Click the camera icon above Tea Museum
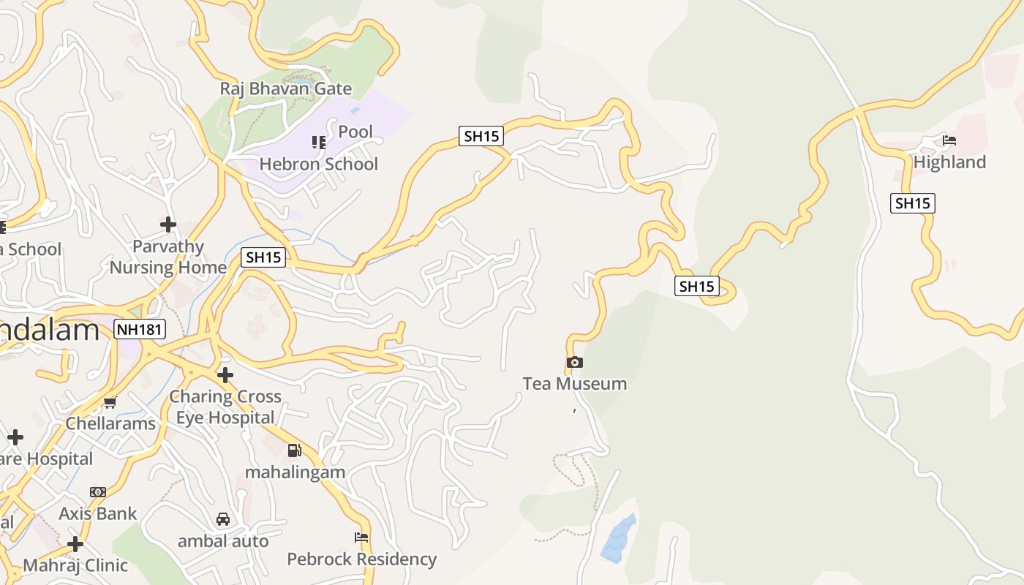[574, 362]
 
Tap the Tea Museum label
[574, 384]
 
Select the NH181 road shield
[140, 330]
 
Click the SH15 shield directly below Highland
[912, 203]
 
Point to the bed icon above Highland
[949, 140]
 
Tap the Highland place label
[949, 162]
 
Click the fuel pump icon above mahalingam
[294, 450]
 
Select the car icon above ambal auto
[223, 519]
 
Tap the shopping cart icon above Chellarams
[110, 402]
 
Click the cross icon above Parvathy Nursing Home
[168, 224]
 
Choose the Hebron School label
[319, 164]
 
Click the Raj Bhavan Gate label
[286, 89]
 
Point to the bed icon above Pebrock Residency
[361, 537]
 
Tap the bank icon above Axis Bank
[98, 492]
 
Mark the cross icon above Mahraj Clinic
[75, 544]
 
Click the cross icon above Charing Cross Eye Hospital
[225, 375]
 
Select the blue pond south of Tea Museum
[619, 539]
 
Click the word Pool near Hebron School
[355, 132]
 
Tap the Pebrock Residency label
[361, 559]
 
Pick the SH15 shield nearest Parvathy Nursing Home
[263, 257]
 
